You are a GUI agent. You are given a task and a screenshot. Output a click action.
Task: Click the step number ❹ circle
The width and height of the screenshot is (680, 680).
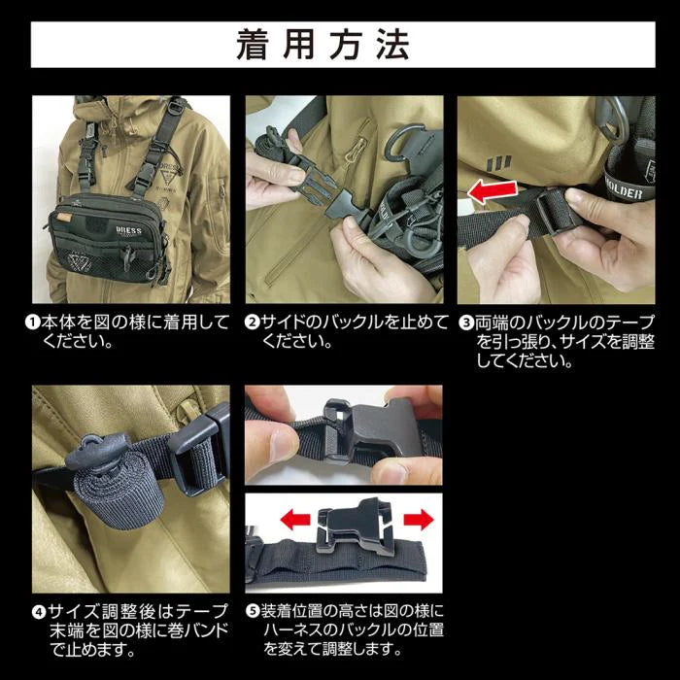(x=39, y=614)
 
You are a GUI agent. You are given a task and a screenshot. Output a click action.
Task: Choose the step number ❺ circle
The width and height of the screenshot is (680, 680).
(x=252, y=614)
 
